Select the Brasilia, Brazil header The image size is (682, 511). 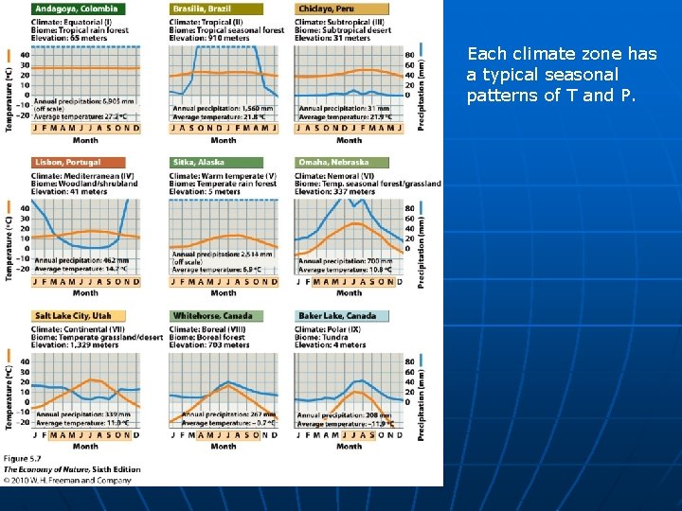tap(201, 9)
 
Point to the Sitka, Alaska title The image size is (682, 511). tap(198, 162)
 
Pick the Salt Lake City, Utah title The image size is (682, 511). tap(74, 315)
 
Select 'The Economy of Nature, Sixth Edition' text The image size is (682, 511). tap(72, 469)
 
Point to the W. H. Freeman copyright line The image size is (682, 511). tap(65, 480)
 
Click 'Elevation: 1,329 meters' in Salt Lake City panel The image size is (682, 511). tap(76, 345)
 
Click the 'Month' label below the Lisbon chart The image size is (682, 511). tap(85, 292)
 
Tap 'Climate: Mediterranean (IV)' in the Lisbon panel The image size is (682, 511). tap(82, 175)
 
